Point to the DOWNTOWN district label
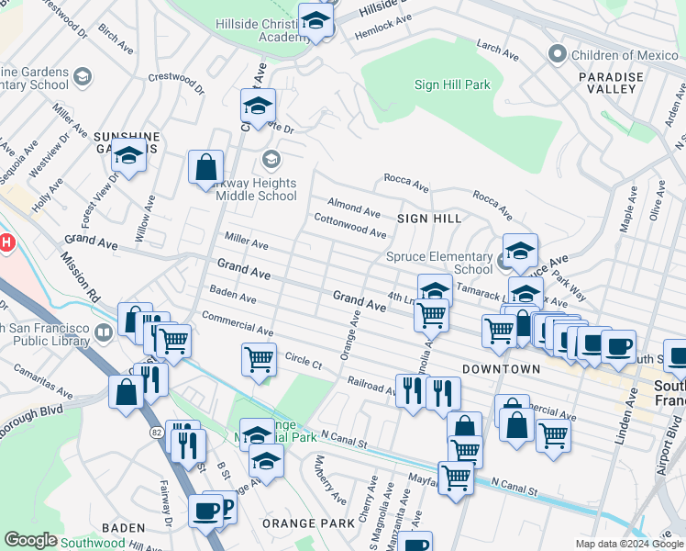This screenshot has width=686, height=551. click(501, 368)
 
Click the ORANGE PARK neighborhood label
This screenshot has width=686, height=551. click(308, 523)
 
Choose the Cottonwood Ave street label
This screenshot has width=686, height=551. click(349, 226)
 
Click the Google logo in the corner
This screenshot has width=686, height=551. click(30, 540)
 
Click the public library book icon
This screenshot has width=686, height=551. click(104, 331)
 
